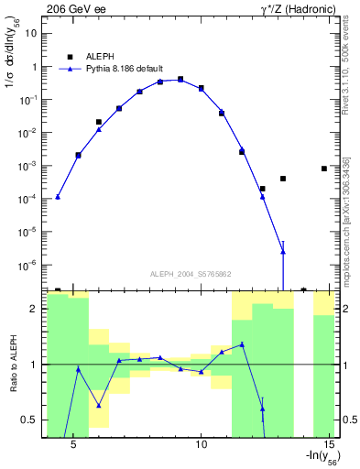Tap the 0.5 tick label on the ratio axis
28,420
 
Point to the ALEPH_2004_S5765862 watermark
190,273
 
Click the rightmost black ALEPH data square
324,169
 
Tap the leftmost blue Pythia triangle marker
58,197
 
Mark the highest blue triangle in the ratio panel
242,344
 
